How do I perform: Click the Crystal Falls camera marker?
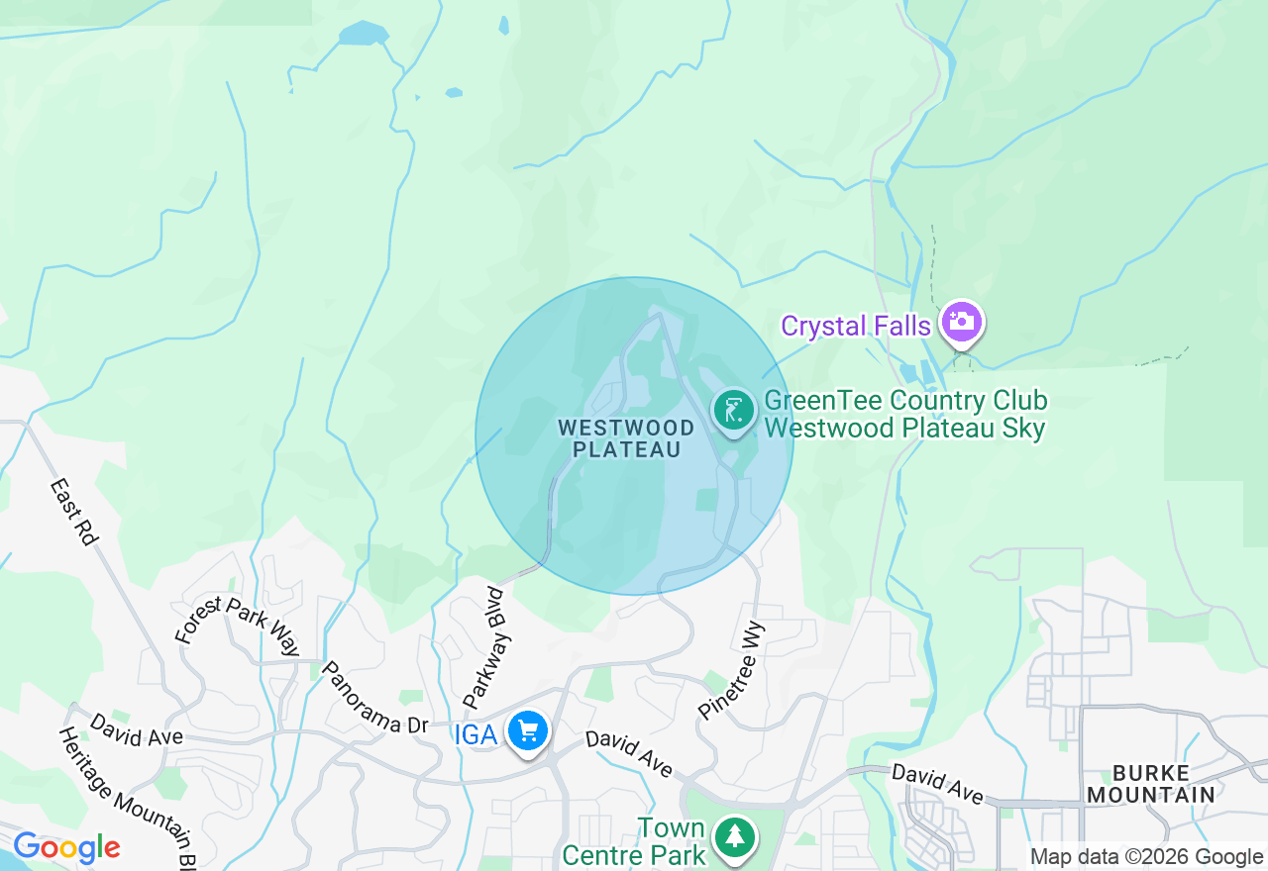pyautogui.click(x=961, y=322)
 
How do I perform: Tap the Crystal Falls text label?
pyautogui.click(x=856, y=326)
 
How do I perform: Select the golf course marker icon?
pyautogui.click(x=733, y=409)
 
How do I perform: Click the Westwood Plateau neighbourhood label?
pyautogui.click(x=625, y=438)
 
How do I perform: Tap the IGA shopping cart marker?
pyautogui.click(x=528, y=732)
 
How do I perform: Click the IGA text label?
pyautogui.click(x=476, y=734)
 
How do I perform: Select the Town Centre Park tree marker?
pyautogui.click(x=734, y=837)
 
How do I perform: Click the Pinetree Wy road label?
pyautogui.click(x=733, y=669)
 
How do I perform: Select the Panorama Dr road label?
pyautogui.click(x=373, y=698)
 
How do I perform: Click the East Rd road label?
pyautogui.click(x=74, y=512)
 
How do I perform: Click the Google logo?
pyautogui.click(x=66, y=847)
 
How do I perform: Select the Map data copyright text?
pyautogui.click(x=1146, y=857)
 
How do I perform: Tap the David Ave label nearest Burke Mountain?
pyautogui.click(x=937, y=783)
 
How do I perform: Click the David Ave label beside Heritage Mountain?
pyautogui.click(x=136, y=728)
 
